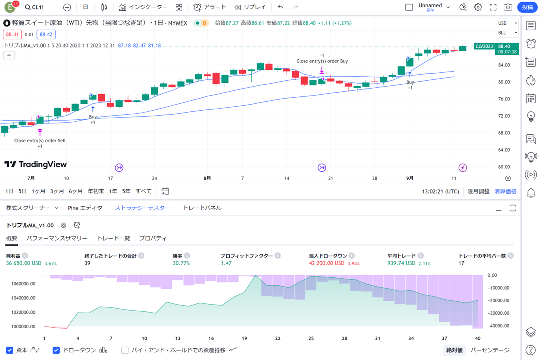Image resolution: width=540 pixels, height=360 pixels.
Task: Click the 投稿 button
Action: tap(528, 7)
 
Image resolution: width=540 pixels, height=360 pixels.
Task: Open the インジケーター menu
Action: tap(143, 7)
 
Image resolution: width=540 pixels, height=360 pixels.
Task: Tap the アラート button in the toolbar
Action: tap(210, 7)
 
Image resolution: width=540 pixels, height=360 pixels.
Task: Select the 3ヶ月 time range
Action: tap(57, 191)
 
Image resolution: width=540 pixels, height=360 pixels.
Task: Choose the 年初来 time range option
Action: tap(96, 191)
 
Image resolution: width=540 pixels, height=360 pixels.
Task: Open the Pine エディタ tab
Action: tap(85, 208)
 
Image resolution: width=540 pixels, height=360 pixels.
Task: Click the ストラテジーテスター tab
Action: tap(142, 208)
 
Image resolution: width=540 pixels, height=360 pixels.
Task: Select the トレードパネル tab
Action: tap(202, 208)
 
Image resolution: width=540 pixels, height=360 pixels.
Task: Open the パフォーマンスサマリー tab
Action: tap(57, 239)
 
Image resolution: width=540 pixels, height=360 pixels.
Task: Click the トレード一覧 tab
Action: tap(113, 239)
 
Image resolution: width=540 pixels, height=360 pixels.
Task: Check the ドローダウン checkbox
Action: tap(56, 350)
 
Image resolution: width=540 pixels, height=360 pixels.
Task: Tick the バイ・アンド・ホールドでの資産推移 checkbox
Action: tap(125, 350)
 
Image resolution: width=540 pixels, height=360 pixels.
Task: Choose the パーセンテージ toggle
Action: tap(490, 350)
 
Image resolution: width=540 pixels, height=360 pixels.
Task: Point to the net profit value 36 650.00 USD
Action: tap(24, 263)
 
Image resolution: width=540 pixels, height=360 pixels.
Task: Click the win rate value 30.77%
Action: tap(181, 263)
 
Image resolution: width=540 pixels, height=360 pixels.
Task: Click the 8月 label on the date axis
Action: tap(207, 178)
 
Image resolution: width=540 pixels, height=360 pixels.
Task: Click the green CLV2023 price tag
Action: tap(484, 46)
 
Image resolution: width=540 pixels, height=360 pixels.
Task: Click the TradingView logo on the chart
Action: tap(35, 164)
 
